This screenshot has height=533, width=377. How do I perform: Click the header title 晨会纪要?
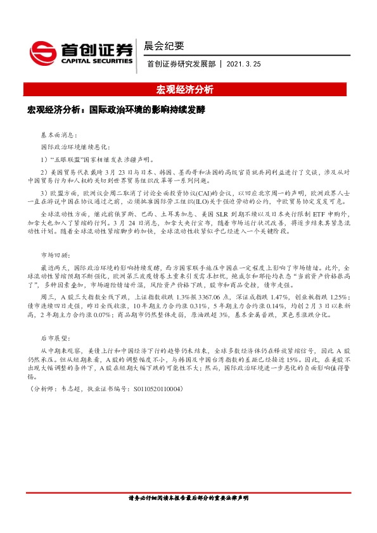(164, 46)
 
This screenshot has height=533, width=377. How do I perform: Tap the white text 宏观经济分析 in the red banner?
(188, 89)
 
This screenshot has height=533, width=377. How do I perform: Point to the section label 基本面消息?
(58, 135)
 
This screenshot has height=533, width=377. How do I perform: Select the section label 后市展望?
(55, 339)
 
